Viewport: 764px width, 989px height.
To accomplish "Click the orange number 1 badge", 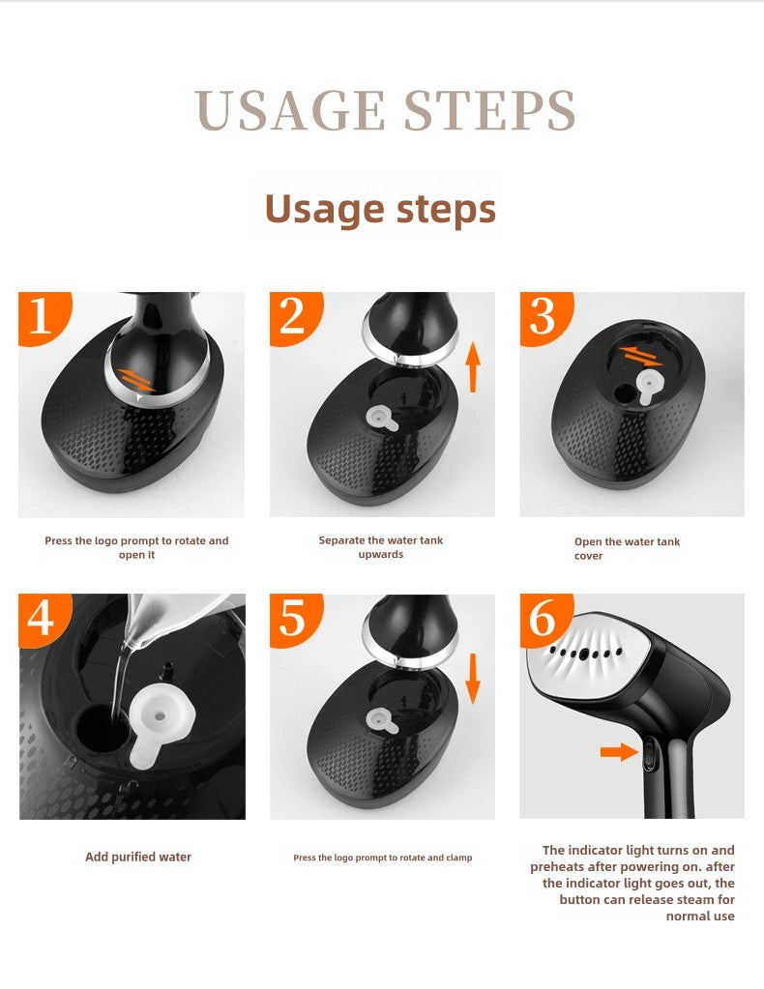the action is [x=42, y=317].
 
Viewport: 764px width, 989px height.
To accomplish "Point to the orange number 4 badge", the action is [x=42, y=619].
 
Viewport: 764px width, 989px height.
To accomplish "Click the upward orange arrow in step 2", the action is [x=473, y=367].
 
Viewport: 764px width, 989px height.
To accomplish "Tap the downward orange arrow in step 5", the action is [x=473, y=679].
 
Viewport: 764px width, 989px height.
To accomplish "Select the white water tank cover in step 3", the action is [x=648, y=386].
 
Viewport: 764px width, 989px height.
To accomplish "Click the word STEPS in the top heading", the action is [x=489, y=110].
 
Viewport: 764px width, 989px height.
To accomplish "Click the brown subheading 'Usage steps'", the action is [x=380, y=209].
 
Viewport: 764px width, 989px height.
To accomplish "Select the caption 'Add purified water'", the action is [x=138, y=857].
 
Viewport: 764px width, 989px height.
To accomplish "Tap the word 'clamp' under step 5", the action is [x=459, y=858].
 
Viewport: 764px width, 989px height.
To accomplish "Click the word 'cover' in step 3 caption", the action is [x=589, y=556].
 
